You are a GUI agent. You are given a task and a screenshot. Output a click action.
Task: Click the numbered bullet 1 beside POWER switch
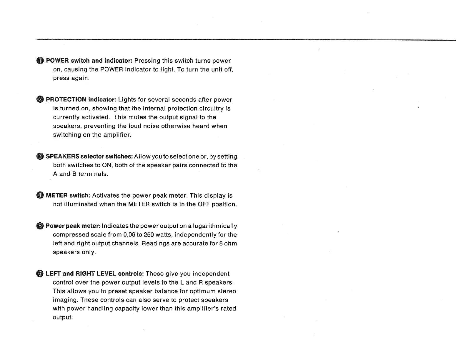tap(40, 61)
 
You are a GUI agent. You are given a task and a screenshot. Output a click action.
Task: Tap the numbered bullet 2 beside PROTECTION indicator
tap(40, 100)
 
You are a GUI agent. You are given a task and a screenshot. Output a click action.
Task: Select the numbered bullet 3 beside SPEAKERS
tap(40, 156)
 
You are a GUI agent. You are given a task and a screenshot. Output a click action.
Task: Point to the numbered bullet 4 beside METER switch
tap(40, 196)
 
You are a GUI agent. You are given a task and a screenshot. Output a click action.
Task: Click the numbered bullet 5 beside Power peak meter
tap(40, 226)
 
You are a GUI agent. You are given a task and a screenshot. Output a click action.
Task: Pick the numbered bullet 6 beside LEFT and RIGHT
tap(40, 274)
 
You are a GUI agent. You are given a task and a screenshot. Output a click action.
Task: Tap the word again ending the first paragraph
tap(79, 78)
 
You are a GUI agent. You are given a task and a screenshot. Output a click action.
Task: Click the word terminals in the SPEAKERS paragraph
tap(93, 174)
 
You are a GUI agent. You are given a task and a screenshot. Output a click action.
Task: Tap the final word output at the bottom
tap(62, 318)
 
